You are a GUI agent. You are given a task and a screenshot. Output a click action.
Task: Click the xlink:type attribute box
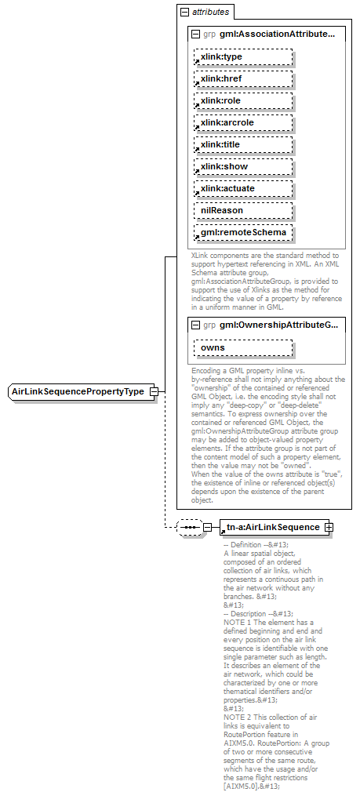click(243, 56)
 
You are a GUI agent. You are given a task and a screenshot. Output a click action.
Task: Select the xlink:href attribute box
click(243, 78)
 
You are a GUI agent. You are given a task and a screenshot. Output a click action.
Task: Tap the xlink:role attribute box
click(243, 100)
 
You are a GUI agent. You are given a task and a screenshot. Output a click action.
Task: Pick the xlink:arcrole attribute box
click(243, 122)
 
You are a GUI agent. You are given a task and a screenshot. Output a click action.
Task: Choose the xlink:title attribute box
click(243, 144)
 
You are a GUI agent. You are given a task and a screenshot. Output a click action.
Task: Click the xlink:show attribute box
click(243, 166)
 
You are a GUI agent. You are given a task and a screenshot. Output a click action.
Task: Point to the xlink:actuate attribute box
click(243, 188)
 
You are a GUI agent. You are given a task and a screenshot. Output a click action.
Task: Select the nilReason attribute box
click(243, 210)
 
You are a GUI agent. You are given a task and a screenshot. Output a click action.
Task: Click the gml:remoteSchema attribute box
click(243, 232)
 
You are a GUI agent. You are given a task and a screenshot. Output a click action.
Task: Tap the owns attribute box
click(243, 347)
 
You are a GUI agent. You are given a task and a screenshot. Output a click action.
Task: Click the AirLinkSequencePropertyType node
click(78, 391)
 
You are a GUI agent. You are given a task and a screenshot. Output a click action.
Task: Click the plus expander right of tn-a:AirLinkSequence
click(329, 527)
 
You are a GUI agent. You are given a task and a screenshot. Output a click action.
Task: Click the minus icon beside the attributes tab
click(184, 13)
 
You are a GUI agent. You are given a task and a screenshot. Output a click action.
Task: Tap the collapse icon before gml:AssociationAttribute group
click(195, 35)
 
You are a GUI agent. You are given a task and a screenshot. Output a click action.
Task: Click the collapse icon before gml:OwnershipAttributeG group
click(195, 325)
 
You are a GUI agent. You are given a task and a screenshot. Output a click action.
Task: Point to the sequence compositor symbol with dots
click(189, 527)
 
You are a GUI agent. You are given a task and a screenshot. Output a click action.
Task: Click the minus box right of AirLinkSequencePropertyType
click(155, 391)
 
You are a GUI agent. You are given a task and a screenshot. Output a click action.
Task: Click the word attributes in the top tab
click(211, 13)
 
